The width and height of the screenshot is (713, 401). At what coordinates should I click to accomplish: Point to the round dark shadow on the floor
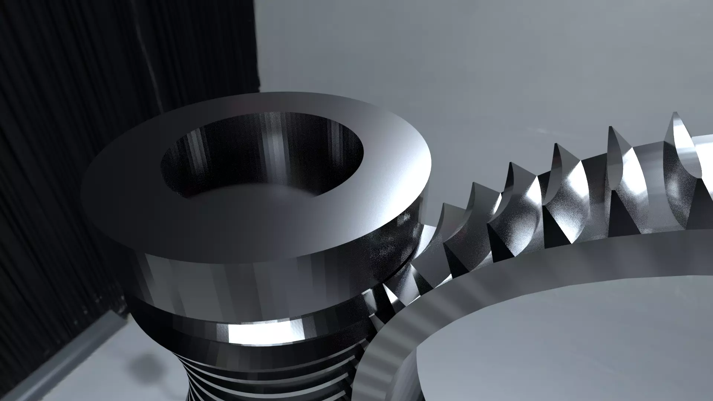143,362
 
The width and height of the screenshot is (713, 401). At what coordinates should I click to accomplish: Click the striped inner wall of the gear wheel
386,356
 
